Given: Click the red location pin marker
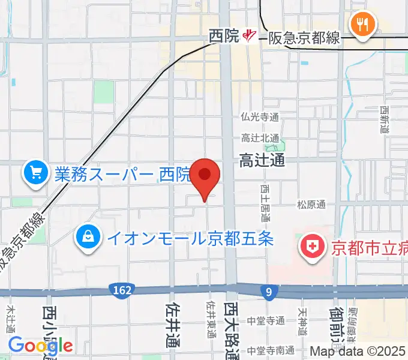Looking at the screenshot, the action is click(x=205, y=176).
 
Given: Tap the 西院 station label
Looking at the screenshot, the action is click(x=224, y=37).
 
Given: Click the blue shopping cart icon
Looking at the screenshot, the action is click(x=35, y=174).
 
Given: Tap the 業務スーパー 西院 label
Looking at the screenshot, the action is click(x=122, y=175).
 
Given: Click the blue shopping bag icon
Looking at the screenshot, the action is click(x=89, y=238).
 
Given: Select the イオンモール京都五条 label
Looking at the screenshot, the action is click(x=190, y=238).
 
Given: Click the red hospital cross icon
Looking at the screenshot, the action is click(x=312, y=246).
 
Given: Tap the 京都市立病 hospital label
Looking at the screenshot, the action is click(x=366, y=247).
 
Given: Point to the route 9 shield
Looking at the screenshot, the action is click(x=269, y=291).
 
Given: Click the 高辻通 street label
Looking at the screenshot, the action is click(x=262, y=160).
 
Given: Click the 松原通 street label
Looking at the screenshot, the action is click(x=311, y=205).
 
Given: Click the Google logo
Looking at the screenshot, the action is click(x=40, y=346).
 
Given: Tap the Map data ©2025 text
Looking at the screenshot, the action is click(x=358, y=351).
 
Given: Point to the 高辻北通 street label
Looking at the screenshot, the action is click(x=260, y=138).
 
